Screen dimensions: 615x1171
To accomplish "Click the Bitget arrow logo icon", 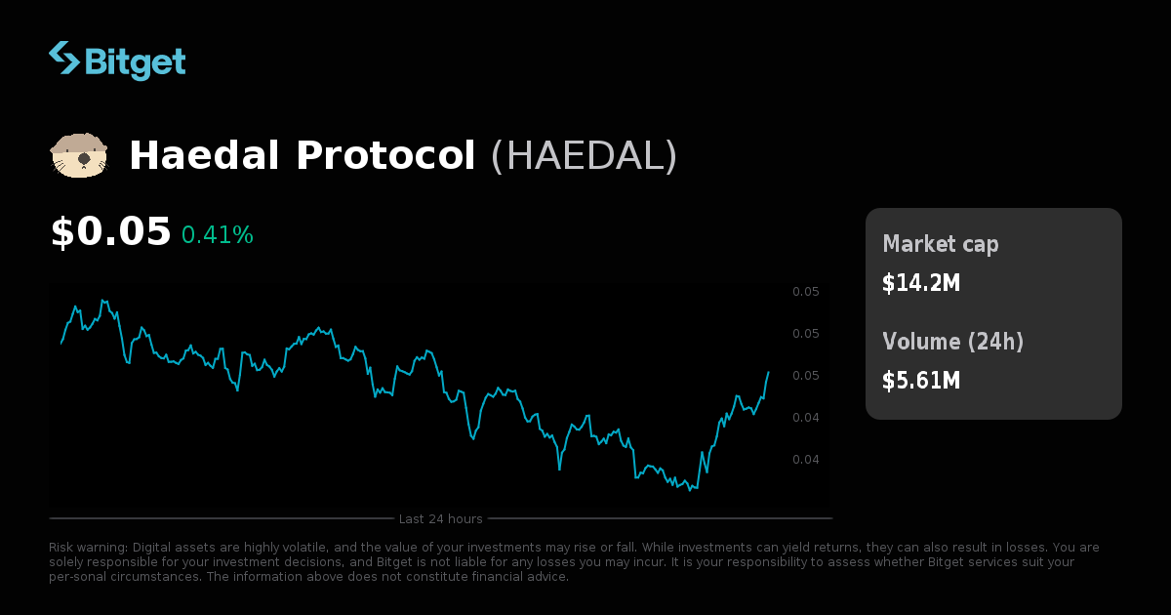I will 64,59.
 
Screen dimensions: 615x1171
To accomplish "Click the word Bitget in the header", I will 136,61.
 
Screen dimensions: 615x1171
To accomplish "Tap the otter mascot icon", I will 78,155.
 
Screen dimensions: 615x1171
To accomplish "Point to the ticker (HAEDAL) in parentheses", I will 584,156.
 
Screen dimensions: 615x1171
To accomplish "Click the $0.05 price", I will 110,232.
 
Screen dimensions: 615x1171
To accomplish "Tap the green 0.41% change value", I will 217,235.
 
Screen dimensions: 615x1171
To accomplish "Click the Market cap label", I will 941,244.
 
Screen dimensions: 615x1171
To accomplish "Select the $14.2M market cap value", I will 921,283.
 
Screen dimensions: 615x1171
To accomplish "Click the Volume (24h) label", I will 952,342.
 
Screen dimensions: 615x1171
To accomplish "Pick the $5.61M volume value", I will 921,381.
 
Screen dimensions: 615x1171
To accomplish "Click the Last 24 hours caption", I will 440,518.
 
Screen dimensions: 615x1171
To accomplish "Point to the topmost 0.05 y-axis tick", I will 805,292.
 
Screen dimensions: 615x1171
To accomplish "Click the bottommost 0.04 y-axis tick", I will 805,460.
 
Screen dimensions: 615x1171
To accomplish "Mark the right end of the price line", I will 768,372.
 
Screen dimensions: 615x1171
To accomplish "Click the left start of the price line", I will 61,344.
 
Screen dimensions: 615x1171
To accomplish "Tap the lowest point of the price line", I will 690,490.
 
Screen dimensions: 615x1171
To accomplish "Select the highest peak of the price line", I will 102,300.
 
